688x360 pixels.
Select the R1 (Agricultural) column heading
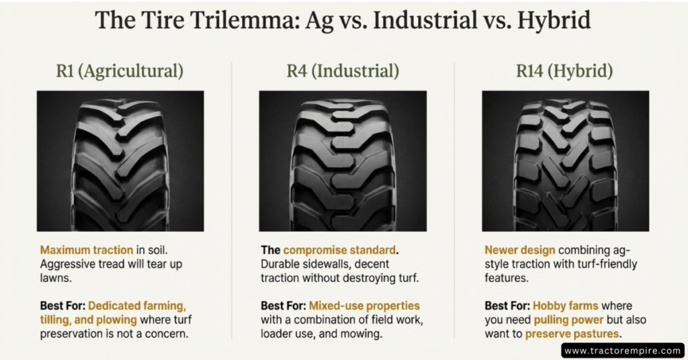click(x=120, y=71)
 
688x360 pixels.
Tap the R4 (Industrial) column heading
click(x=343, y=71)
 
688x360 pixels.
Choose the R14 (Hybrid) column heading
click(x=566, y=71)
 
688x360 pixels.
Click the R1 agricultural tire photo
click(x=120, y=161)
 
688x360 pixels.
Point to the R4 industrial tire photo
click(x=343, y=161)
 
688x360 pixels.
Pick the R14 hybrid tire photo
click(x=566, y=161)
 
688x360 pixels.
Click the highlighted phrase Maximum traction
click(x=76, y=251)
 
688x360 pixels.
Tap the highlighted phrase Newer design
click(x=514, y=251)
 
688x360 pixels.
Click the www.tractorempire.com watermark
click(x=622, y=351)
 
